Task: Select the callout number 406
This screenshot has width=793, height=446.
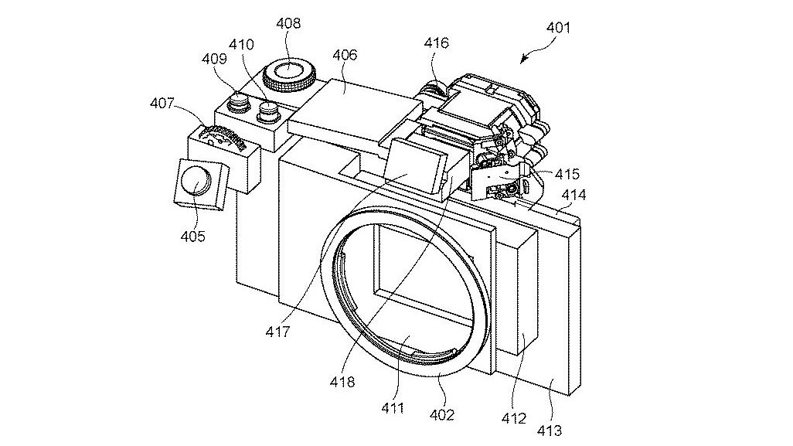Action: pyautogui.click(x=345, y=54)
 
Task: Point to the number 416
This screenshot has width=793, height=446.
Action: pyautogui.click(x=436, y=43)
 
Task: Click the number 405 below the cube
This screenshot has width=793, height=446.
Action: pyautogui.click(x=192, y=236)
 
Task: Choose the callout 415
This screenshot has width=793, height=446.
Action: pyautogui.click(x=567, y=175)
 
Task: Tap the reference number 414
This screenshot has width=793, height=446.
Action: pyautogui.click(x=573, y=196)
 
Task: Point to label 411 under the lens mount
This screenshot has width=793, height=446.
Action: pyautogui.click(x=392, y=407)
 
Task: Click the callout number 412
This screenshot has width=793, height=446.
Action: pyautogui.click(x=514, y=418)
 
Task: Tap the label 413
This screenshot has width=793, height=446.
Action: pyautogui.click(x=562, y=429)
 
